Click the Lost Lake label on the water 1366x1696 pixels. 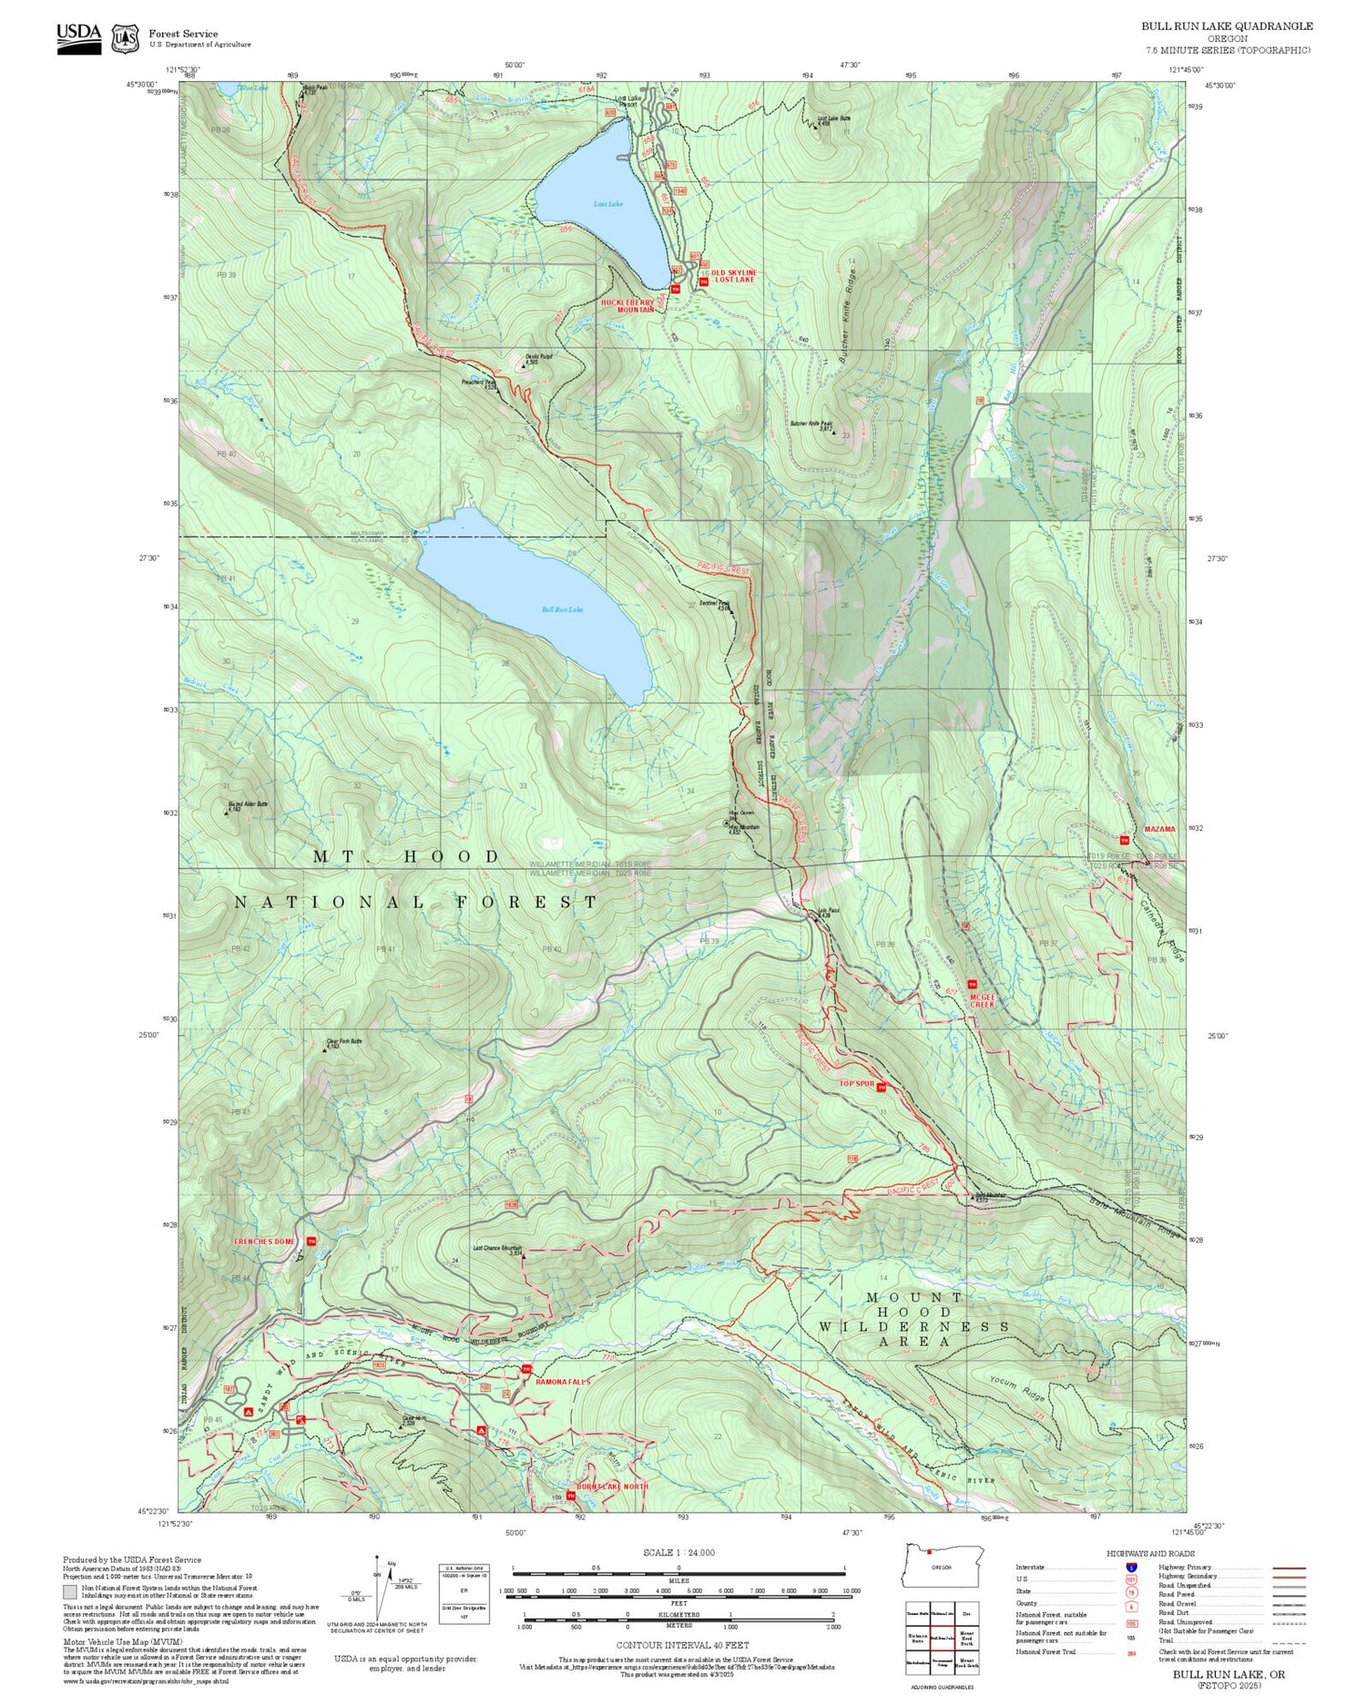pos(607,204)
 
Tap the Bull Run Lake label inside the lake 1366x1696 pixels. pos(562,609)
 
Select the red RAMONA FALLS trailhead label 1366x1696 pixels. pos(563,1382)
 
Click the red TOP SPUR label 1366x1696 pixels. pos(857,1084)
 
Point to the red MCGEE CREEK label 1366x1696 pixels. pos(982,1000)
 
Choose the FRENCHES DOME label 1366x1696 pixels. pos(264,1241)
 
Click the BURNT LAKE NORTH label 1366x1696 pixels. pos(617,1487)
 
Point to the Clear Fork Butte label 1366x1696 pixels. pos(344,1041)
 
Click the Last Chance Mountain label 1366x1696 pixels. pos(497,1249)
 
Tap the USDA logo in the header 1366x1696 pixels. pos(79,36)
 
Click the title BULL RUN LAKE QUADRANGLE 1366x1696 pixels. pos(1227,26)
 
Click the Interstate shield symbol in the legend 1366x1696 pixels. pos(1131,1567)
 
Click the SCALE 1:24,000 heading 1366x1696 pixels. pos(678,1552)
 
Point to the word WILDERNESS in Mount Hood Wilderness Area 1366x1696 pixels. pos(913,1327)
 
